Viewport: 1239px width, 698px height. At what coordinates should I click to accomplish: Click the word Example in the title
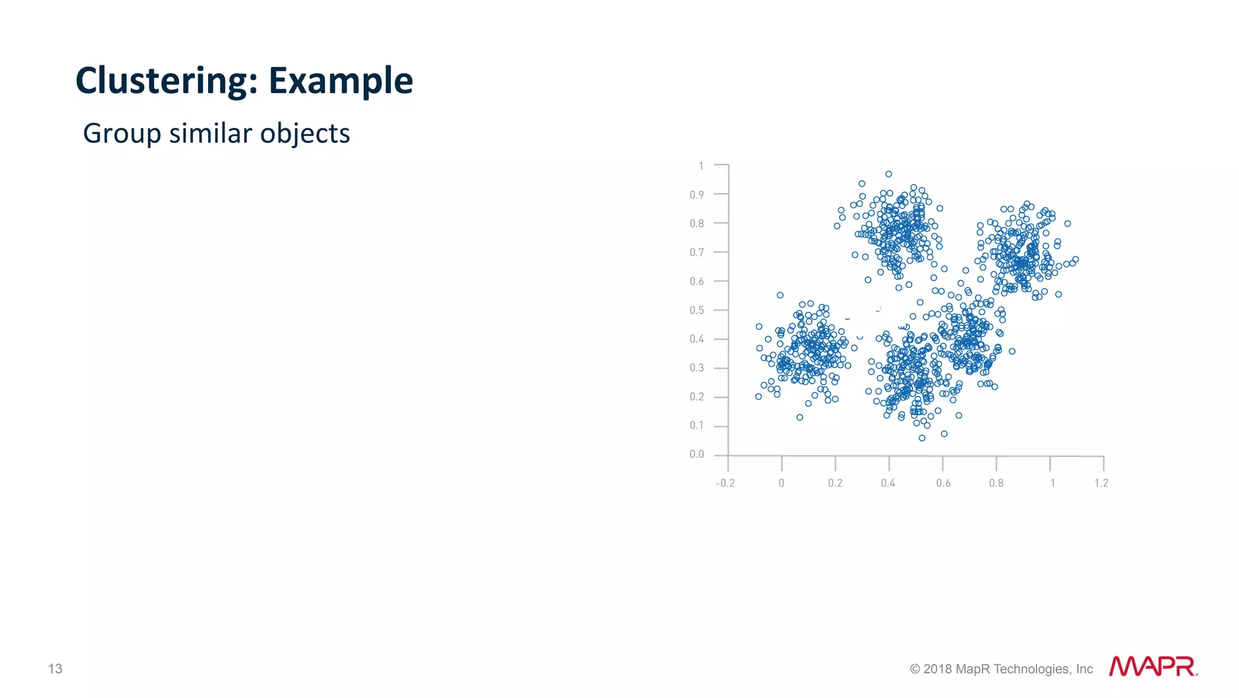tap(341, 81)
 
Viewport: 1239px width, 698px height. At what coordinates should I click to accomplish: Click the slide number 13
tap(55, 668)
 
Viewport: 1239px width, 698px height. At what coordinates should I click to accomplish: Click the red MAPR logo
tap(1152, 667)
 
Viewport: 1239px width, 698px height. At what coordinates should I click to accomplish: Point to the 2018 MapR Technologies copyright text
tap(1001, 669)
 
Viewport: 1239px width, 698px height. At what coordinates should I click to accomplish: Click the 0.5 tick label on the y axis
tap(697, 311)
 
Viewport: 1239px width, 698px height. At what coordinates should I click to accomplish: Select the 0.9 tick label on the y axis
tap(697, 195)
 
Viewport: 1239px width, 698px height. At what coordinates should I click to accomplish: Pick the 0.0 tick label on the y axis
tap(697, 455)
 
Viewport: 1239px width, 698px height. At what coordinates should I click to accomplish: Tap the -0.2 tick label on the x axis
tap(725, 483)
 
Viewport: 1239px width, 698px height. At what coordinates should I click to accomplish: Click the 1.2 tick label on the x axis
tap(1101, 483)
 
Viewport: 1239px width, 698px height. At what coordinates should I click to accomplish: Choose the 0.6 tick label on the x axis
tap(943, 483)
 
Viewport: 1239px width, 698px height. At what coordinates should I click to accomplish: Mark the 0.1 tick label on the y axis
tap(697, 426)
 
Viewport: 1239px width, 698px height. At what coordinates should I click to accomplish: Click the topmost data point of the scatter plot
tap(889, 174)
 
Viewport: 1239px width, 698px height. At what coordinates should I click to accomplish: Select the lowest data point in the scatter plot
tap(922, 438)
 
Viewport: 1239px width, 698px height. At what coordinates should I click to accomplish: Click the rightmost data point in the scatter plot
tap(1076, 260)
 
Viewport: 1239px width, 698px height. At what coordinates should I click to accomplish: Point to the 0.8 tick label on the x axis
tap(996, 483)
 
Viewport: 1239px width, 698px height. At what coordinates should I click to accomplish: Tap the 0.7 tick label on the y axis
tap(697, 252)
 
